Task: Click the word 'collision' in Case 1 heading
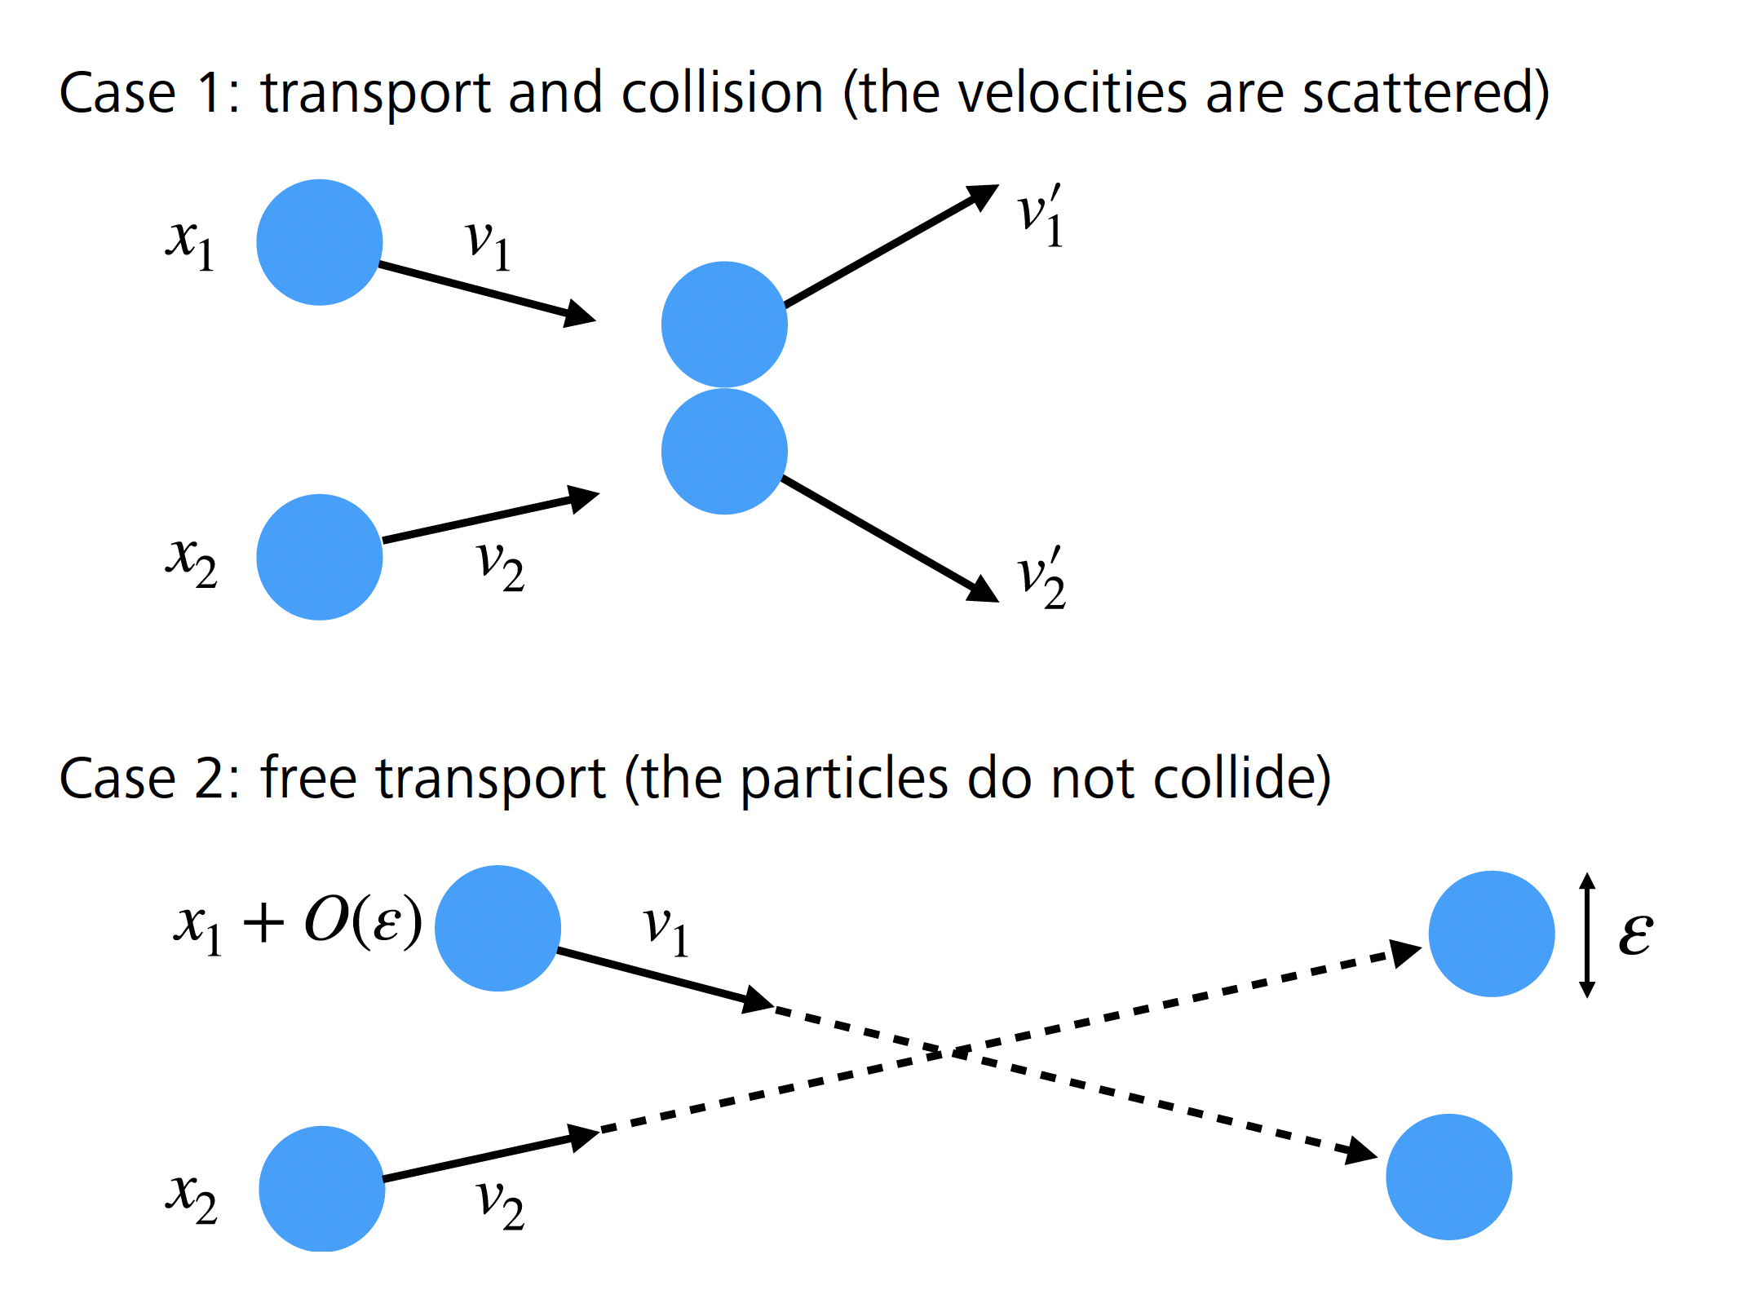[722, 93]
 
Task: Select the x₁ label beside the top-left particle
[190, 244]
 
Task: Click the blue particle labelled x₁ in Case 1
[320, 242]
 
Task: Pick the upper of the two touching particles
[724, 324]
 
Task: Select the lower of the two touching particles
[724, 451]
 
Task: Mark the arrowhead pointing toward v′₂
[982, 589]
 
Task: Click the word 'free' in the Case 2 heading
[308, 779]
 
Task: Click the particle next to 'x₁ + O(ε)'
[497, 928]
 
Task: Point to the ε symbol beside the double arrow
[1635, 933]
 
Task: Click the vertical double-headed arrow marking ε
[1587, 934]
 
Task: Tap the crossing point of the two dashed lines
[951, 1053]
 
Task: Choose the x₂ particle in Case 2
[322, 1189]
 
